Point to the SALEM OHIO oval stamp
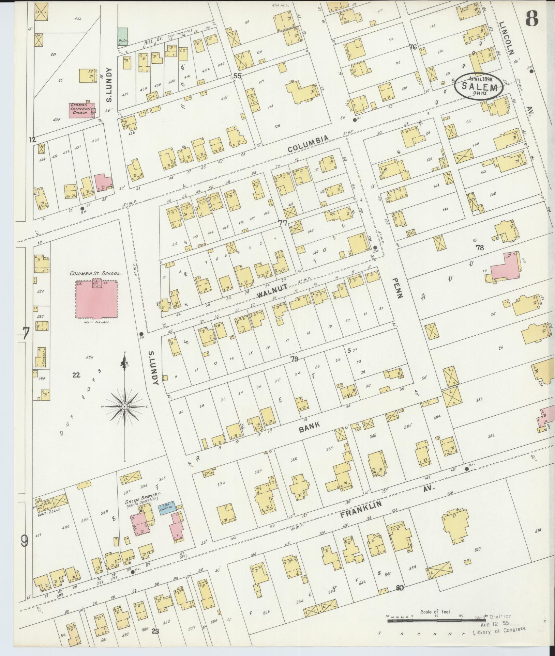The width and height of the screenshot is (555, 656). [x=479, y=87]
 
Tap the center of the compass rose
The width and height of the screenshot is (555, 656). [x=125, y=407]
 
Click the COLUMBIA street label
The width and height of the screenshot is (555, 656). [x=308, y=144]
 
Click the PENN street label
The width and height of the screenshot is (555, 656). [x=398, y=287]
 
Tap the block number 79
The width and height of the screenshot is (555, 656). [x=295, y=358]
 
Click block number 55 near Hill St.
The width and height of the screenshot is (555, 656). [x=237, y=76]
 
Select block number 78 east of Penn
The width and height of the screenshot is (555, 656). [x=480, y=248]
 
